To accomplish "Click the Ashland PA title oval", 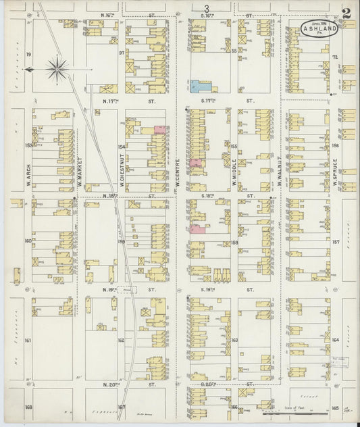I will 316,30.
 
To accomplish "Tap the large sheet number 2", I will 346,13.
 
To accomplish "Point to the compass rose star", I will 58,68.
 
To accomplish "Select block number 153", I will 28,145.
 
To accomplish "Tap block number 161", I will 28,341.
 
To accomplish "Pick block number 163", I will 235,340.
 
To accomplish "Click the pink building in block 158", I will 198,230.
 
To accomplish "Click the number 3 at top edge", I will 205,7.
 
